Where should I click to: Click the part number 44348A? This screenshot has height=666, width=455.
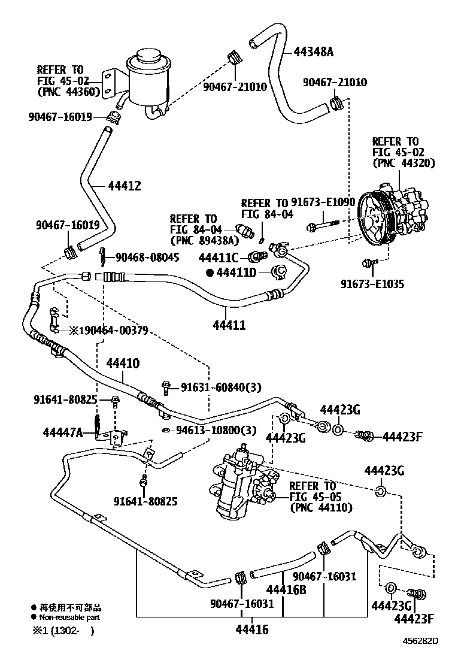313,52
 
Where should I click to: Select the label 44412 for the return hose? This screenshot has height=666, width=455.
125,186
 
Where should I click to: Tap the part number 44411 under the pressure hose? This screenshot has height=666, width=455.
229,326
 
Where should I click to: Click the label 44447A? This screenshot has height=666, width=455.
63,432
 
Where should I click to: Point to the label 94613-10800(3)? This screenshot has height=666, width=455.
216,430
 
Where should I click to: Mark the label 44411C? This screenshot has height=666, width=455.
219,258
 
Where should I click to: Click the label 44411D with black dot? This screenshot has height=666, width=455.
235,273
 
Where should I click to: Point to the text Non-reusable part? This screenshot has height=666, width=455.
69,616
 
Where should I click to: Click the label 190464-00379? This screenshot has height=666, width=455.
111,331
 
